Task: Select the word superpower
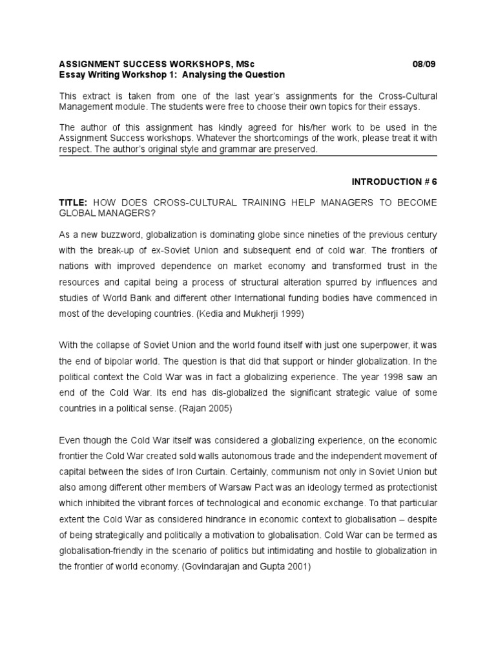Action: coord(382,344)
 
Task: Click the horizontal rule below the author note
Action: coord(248,156)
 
